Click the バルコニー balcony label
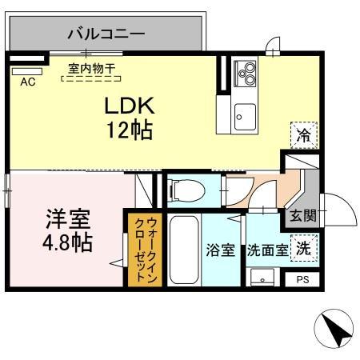(105, 34)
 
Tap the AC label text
(28, 82)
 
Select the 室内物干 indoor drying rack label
(91, 70)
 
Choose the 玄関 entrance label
(302, 215)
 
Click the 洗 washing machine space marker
(303, 248)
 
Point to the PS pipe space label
(302, 279)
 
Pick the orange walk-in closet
(145, 249)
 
